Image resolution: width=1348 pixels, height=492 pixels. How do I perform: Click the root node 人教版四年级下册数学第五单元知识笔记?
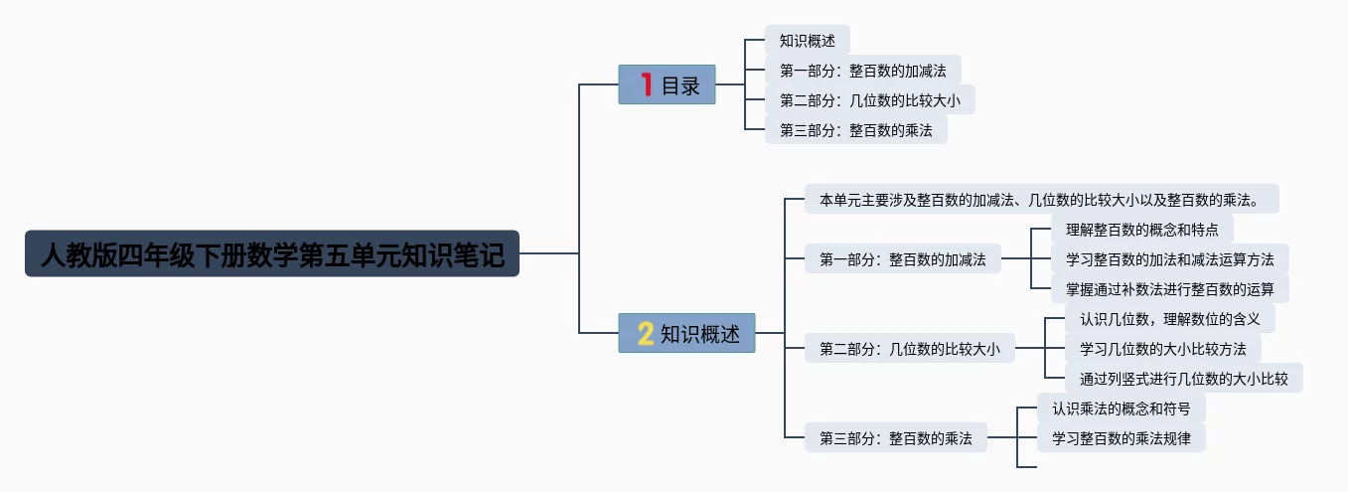(271, 253)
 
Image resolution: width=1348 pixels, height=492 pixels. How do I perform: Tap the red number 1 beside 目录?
(647, 85)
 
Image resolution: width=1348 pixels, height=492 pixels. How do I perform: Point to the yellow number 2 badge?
(646, 334)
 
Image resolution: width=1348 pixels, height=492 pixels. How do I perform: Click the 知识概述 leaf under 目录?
(807, 41)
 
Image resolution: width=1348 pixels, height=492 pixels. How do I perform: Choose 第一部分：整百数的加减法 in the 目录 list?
(862, 71)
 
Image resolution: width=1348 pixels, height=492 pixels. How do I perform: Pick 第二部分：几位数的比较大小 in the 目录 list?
(869, 100)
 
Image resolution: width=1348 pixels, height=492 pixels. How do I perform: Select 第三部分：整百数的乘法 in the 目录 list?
(855, 130)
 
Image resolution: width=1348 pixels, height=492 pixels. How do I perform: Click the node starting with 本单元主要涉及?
(1040, 199)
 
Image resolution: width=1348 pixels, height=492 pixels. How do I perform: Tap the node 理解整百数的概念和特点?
(1141, 229)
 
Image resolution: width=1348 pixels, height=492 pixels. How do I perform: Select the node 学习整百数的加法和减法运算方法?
(1169, 259)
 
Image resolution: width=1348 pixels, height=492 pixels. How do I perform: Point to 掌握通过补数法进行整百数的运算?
(1169, 289)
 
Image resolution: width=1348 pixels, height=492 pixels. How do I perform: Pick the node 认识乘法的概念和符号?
(1121, 408)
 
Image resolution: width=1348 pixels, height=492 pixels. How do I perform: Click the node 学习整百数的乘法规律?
(1121, 437)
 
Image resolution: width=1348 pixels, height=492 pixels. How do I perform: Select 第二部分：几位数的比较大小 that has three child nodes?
(909, 349)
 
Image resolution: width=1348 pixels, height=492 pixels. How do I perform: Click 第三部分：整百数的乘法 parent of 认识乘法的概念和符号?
(895, 437)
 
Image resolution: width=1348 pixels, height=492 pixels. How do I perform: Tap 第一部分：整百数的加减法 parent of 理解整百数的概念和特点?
(902, 259)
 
